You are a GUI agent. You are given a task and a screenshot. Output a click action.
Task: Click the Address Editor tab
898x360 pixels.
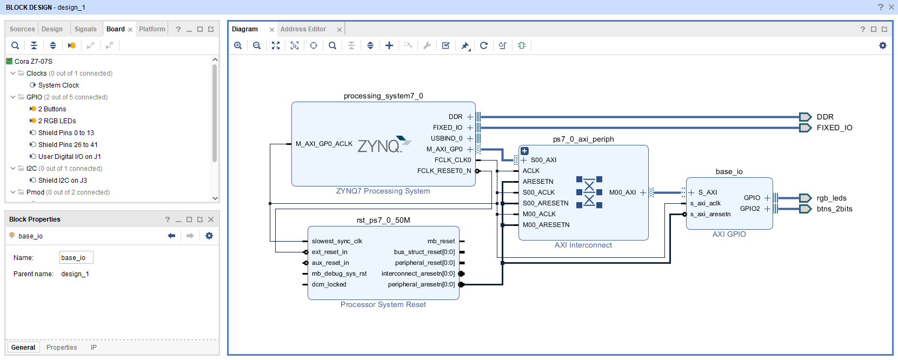pos(303,29)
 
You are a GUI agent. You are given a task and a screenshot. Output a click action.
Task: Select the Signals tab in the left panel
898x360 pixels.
pos(85,29)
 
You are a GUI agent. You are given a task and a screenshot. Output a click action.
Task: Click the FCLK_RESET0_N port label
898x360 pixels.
pos(444,171)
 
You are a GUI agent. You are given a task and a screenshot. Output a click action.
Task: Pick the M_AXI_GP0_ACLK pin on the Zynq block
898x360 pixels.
pos(324,144)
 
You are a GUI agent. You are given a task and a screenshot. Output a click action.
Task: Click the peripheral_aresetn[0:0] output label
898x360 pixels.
pos(421,284)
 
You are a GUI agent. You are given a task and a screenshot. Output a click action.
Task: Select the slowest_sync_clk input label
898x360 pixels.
pos(337,241)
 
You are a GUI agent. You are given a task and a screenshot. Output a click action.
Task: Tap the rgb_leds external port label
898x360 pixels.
pos(832,198)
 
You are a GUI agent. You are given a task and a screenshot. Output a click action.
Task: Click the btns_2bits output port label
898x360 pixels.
pos(834,209)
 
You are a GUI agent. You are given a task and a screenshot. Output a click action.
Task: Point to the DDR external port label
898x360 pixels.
pos(825,117)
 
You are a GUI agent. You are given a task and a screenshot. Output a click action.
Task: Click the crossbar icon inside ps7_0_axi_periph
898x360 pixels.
pos(589,192)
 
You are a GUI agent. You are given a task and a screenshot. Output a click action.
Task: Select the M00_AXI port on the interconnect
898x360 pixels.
pos(622,192)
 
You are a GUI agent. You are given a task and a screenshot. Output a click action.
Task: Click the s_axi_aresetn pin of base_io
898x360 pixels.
pos(710,214)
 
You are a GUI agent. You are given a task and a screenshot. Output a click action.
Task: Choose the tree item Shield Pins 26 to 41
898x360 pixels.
pos(68,145)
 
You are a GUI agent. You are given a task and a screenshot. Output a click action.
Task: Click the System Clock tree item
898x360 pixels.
pos(58,85)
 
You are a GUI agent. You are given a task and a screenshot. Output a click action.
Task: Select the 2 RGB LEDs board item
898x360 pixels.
pos(57,121)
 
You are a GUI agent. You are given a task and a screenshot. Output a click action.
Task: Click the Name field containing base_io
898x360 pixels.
pos(76,258)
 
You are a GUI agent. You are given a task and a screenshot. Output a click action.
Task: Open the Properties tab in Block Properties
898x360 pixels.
pos(62,348)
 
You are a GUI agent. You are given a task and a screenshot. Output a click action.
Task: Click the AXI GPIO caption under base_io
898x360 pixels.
pos(729,234)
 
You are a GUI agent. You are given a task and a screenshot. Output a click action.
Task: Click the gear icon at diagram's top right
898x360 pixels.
pos(883,45)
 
